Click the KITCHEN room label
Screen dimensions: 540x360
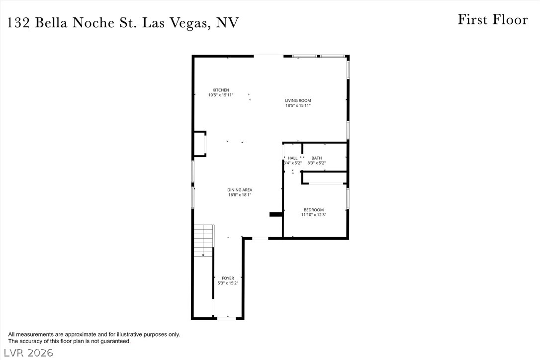(221, 90)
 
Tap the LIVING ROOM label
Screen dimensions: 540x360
(298, 100)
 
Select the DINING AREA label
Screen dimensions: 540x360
(240, 190)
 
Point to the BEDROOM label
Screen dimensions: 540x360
(314, 210)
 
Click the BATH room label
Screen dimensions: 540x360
(317, 158)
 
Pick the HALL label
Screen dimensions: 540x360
(293, 158)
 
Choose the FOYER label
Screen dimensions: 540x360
(228, 278)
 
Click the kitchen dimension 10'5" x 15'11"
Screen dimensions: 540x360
(221, 95)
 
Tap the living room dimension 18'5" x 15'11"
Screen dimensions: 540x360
(298, 105)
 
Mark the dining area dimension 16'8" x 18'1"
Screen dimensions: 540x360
(240, 194)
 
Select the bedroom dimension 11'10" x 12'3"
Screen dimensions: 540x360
(314, 215)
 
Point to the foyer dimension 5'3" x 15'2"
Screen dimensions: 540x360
(228, 283)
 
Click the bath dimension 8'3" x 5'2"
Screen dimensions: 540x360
(317, 163)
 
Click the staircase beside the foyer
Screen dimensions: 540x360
(204, 241)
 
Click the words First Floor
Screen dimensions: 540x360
(493, 19)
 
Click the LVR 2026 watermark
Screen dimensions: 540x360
(28, 353)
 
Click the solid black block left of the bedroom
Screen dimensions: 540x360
(276, 214)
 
